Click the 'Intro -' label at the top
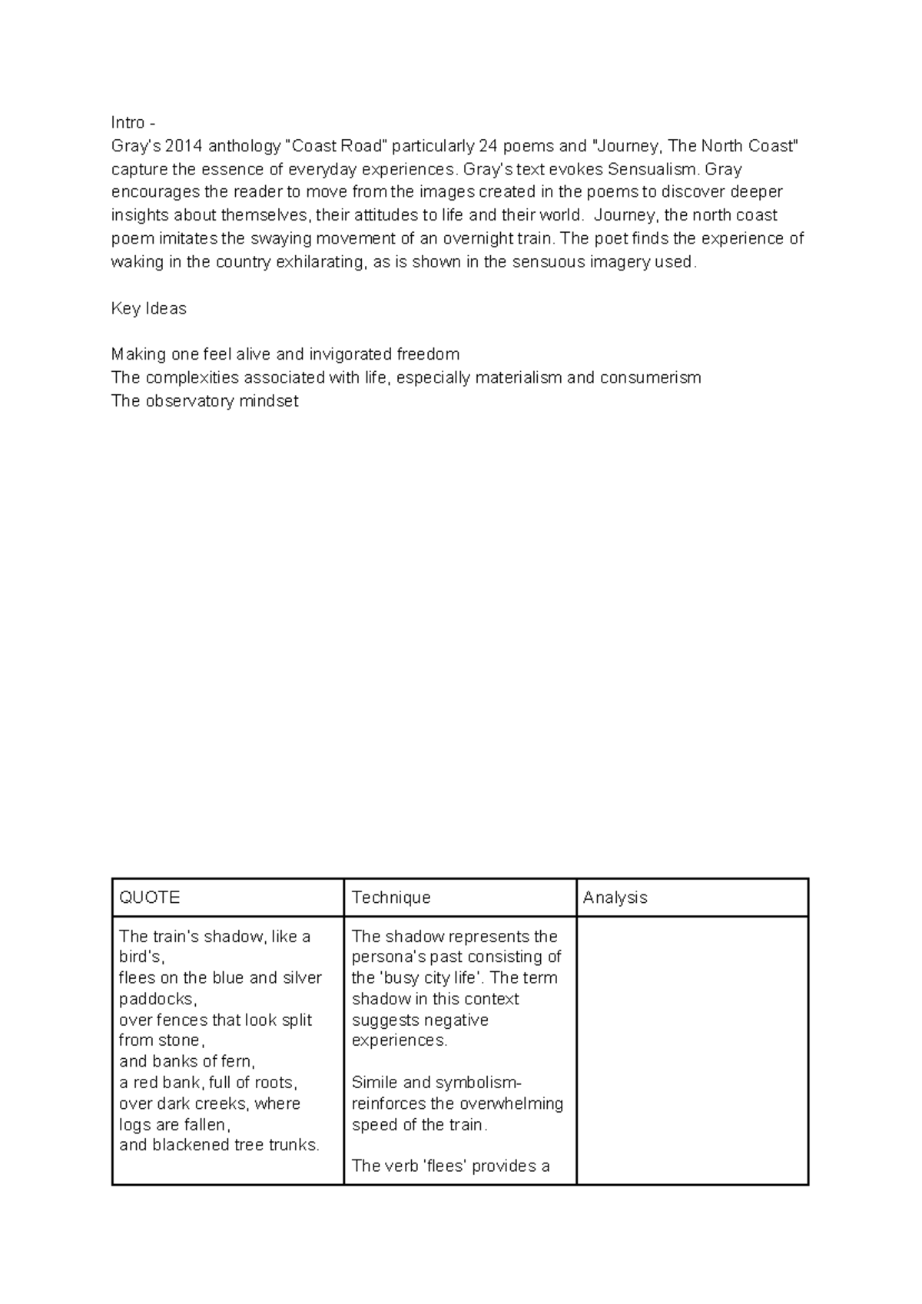click(x=133, y=123)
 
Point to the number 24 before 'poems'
click(x=488, y=146)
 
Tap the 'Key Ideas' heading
click(x=148, y=308)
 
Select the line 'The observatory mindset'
click(x=204, y=401)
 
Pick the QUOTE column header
click(x=149, y=898)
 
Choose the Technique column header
click(x=390, y=898)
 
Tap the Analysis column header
click(x=615, y=898)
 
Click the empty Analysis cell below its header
click(x=691, y=1050)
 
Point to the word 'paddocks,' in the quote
click(x=158, y=999)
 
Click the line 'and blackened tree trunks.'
click(x=219, y=1145)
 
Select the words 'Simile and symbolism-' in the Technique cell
click(x=436, y=1083)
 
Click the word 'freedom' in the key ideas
click(x=428, y=354)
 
